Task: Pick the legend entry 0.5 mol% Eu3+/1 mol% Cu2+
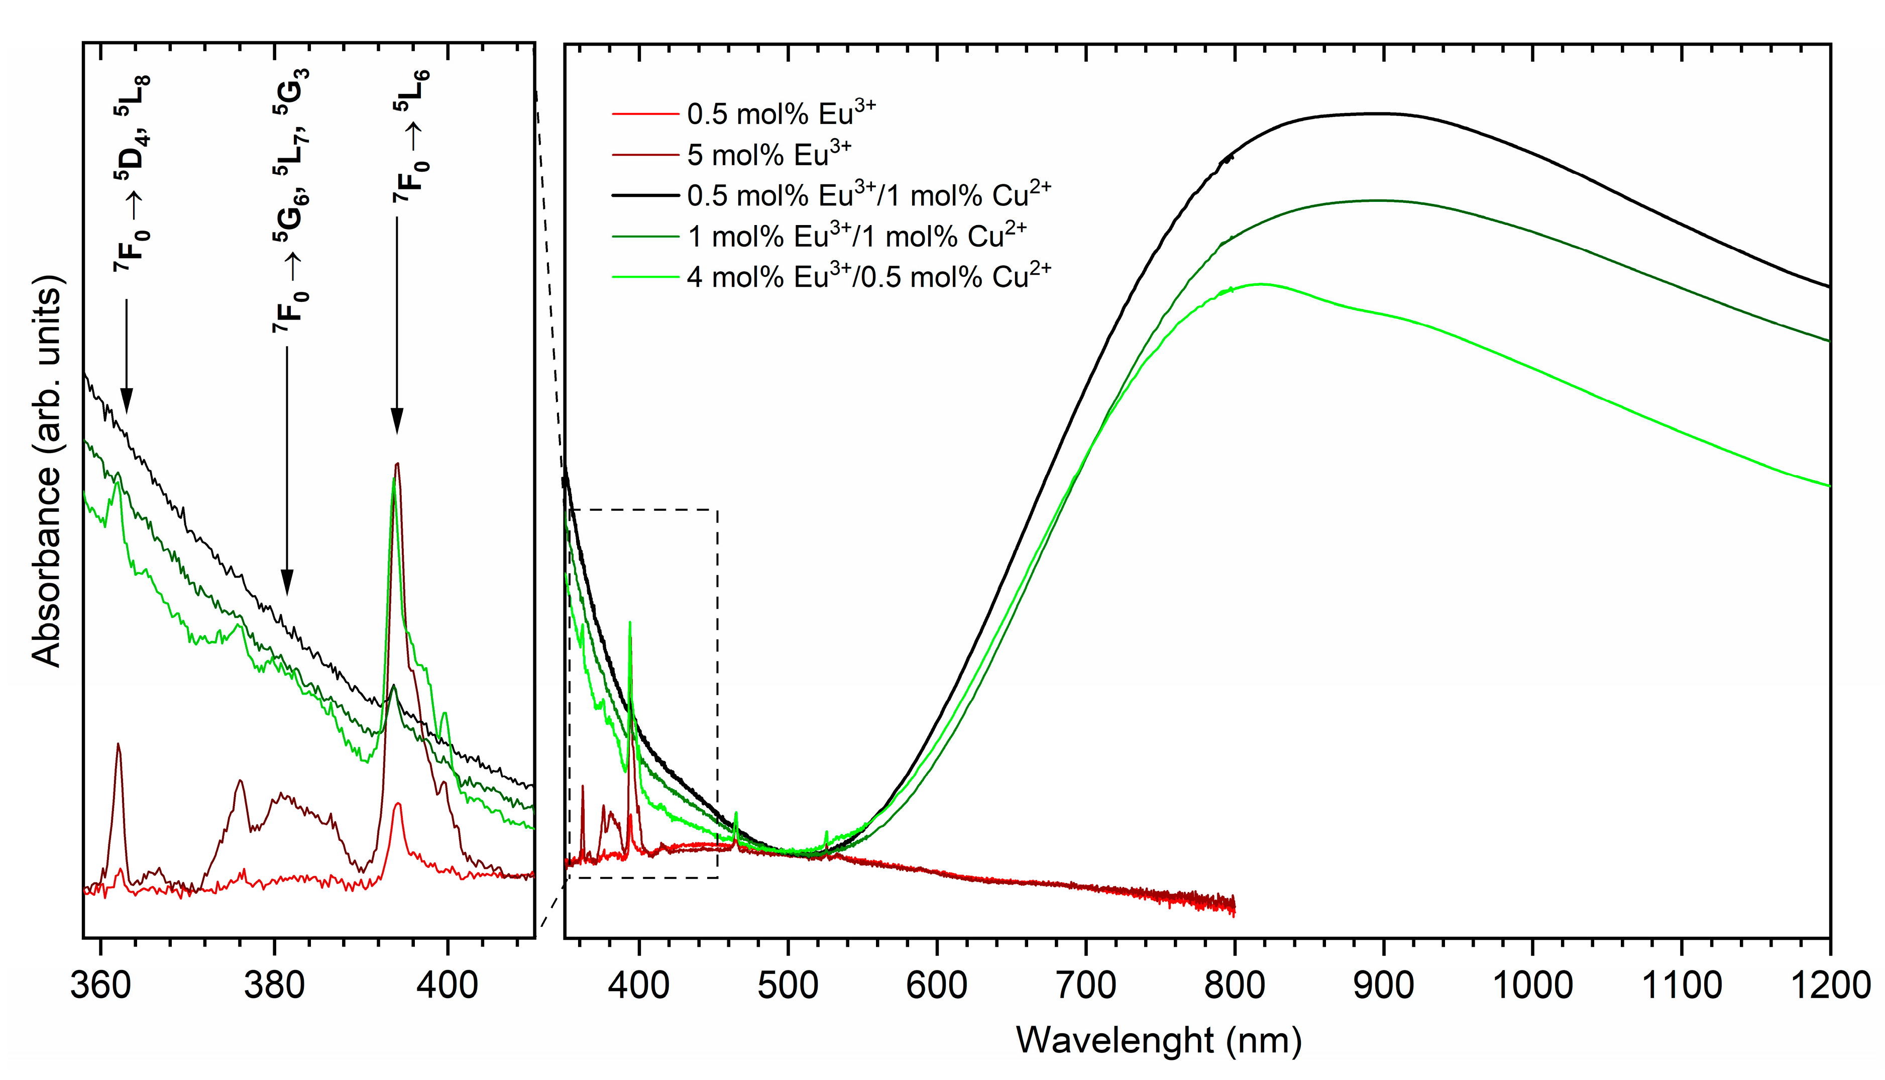(x=867, y=195)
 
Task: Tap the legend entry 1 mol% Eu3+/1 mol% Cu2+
(x=856, y=236)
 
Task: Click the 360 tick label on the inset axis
(x=101, y=986)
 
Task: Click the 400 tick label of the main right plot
(x=638, y=986)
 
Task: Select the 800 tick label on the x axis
(x=1234, y=986)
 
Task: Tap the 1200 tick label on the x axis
(x=1829, y=986)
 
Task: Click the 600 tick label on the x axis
(x=937, y=986)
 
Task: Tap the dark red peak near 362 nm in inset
(x=118, y=744)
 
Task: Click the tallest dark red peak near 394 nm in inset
(x=397, y=464)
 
